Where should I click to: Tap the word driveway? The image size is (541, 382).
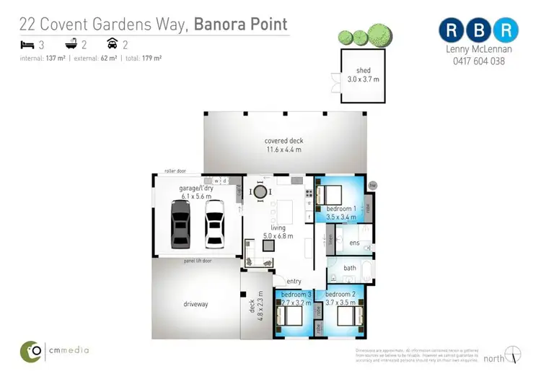tap(195, 304)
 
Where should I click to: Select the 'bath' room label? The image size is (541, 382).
tap(349, 268)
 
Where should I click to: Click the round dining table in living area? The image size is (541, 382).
tap(258, 191)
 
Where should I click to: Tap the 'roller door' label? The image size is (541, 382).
tap(175, 171)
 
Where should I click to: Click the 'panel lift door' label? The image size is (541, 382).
tap(197, 260)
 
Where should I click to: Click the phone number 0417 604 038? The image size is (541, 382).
tap(478, 61)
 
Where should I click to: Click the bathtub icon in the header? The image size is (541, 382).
tap(71, 44)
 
